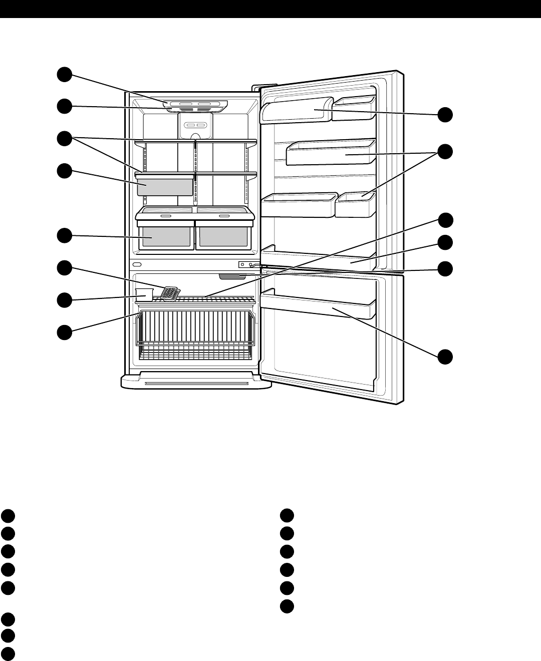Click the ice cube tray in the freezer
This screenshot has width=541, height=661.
coord(171,294)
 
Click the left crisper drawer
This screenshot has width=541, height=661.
coord(166,236)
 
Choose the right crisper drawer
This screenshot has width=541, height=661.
coord(223,236)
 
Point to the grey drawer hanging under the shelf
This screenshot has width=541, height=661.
coord(165,185)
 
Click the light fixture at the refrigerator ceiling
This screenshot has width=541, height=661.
coord(195,106)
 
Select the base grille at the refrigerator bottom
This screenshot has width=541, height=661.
coord(196,383)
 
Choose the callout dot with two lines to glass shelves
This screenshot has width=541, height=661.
coord(64,139)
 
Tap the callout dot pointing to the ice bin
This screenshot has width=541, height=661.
coord(64,300)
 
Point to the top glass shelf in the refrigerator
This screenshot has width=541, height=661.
coord(195,141)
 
